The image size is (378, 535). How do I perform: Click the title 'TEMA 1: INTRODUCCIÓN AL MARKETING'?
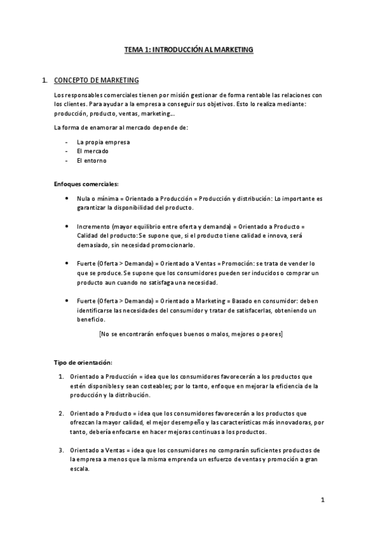coord(189,49)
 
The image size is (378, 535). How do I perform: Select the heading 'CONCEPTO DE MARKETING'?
coord(97,81)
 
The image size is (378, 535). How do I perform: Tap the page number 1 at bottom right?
coord(322,500)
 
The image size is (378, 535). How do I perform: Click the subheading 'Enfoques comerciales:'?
coord(86,184)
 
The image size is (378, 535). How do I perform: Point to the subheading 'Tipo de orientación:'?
coord(83,363)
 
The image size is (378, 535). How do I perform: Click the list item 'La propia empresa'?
coord(103,142)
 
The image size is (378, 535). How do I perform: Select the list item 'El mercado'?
coord(92,151)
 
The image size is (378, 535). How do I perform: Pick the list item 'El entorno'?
coord(92,160)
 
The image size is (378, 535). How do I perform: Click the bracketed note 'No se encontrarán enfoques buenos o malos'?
coord(191,334)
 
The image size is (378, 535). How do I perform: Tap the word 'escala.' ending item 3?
coord(80,469)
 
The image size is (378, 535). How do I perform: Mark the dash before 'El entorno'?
coord(67,160)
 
